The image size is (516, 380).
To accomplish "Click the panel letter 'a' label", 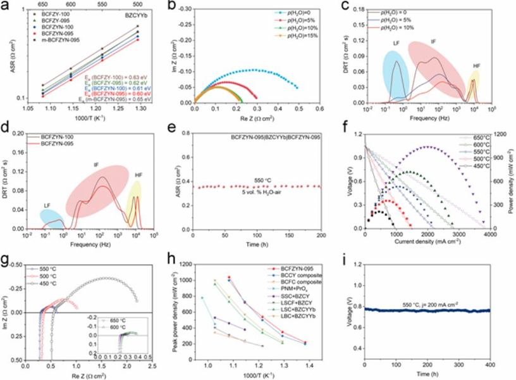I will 4,6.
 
